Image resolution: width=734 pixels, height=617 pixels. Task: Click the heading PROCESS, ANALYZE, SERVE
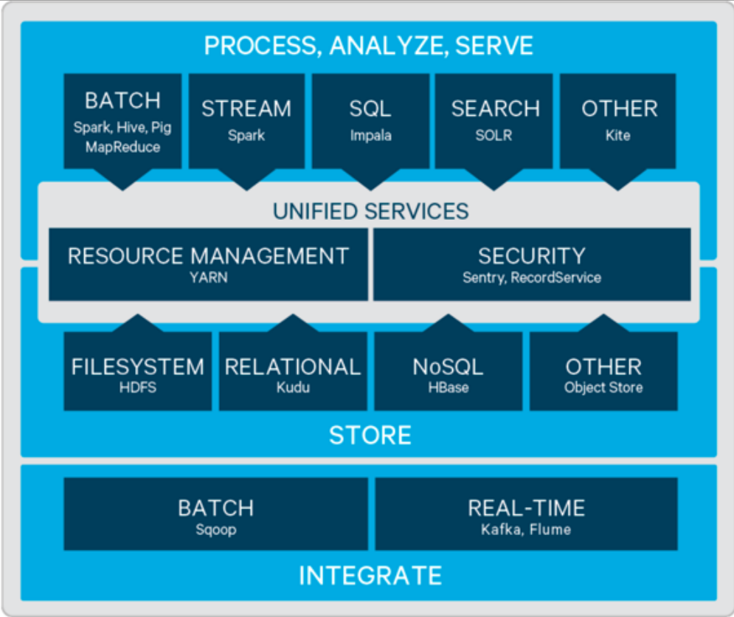click(368, 46)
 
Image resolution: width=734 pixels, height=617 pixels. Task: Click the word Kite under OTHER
click(618, 136)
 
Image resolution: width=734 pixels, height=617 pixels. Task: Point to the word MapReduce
click(122, 147)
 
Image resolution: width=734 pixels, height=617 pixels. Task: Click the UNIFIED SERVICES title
click(370, 211)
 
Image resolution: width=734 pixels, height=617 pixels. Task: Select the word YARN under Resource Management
click(208, 278)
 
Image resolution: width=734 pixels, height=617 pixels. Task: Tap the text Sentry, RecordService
click(531, 278)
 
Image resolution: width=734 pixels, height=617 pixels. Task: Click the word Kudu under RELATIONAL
click(292, 387)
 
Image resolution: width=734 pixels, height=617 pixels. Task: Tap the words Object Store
click(603, 387)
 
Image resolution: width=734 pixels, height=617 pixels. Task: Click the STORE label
click(370, 435)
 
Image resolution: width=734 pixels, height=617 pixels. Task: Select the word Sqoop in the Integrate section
click(215, 529)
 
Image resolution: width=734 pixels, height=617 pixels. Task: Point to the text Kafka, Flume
click(526, 529)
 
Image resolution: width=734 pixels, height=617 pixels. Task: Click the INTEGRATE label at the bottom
click(370, 575)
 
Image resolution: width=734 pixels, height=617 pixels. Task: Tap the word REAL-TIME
click(526, 508)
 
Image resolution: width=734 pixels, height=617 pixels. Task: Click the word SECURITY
click(531, 256)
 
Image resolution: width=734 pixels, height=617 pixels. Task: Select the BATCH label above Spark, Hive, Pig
click(122, 101)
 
